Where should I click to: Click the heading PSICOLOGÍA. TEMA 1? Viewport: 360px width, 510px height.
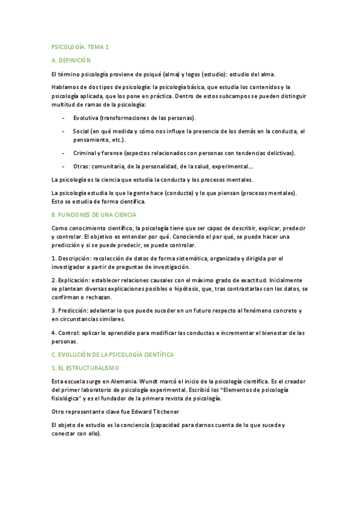click(x=80, y=46)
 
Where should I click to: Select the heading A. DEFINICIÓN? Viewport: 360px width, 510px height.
click(x=70, y=60)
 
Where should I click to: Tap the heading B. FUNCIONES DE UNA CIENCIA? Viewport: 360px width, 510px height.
click(x=94, y=214)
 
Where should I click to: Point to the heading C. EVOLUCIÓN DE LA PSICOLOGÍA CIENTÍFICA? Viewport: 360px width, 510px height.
click(x=112, y=354)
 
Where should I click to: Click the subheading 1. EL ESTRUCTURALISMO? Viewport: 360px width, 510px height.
click(x=85, y=367)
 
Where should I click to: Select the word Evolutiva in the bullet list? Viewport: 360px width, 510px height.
click(x=85, y=117)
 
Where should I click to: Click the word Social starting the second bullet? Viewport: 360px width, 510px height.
click(x=81, y=131)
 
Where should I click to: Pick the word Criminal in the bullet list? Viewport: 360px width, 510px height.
click(x=85, y=153)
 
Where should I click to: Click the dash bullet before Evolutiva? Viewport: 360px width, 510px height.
click(x=64, y=117)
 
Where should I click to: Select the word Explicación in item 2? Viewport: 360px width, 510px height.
click(x=75, y=280)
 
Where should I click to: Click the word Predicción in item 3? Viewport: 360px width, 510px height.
click(x=74, y=310)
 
